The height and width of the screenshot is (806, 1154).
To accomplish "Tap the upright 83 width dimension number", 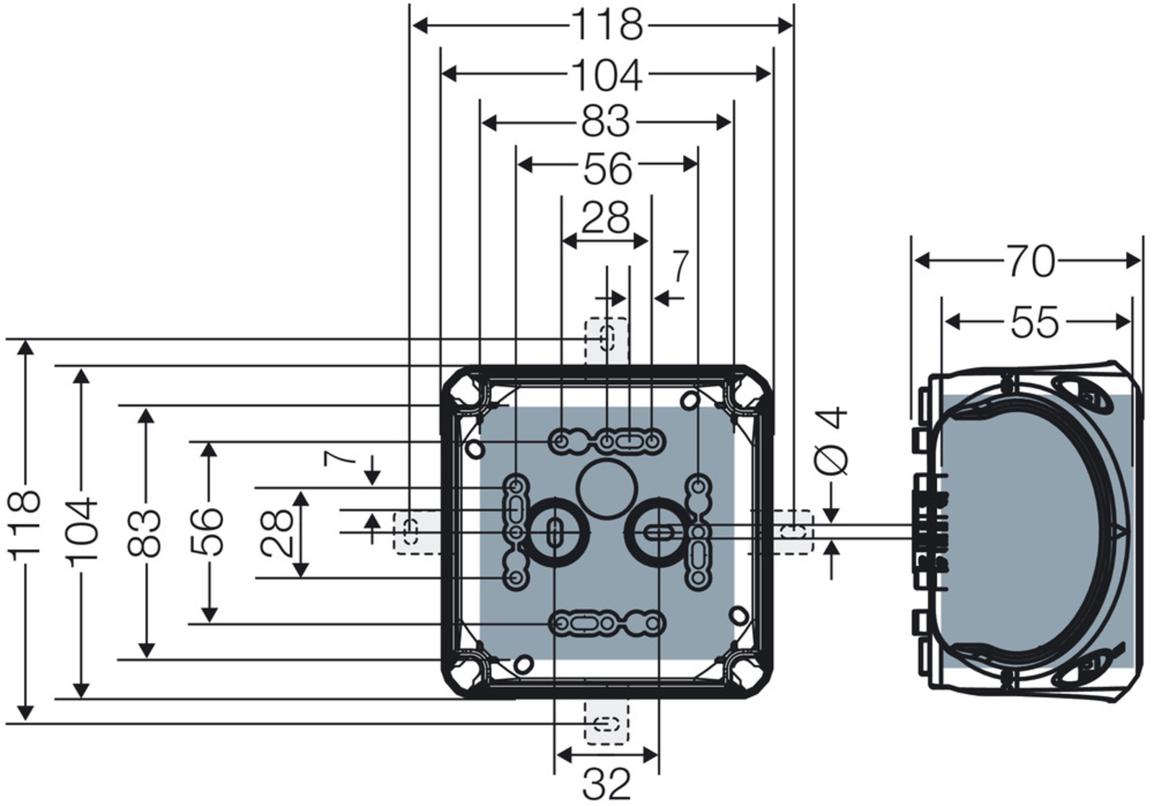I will (x=606, y=122).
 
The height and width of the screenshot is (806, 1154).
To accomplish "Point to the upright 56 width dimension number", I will (x=607, y=167).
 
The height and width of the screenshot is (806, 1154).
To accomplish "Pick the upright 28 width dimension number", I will (x=605, y=217).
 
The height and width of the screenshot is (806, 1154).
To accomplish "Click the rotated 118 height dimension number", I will (x=25, y=525).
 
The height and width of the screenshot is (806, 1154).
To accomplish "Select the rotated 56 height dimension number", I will (x=208, y=532).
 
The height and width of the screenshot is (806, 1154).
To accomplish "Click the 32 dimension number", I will (x=606, y=784).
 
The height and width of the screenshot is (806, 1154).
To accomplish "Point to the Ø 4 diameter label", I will (x=832, y=441).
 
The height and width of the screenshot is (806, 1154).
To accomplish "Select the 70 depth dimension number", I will (x=1031, y=261).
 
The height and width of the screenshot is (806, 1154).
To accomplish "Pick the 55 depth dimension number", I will (x=1035, y=322).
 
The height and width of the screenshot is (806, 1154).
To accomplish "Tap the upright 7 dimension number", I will (x=680, y=266).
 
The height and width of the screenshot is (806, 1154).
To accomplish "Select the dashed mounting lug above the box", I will (x=607, y=340).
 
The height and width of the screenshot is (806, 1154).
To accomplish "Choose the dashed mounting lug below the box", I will (x=606, y=723).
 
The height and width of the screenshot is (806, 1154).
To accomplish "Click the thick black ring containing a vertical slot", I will (x=555, y=534).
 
